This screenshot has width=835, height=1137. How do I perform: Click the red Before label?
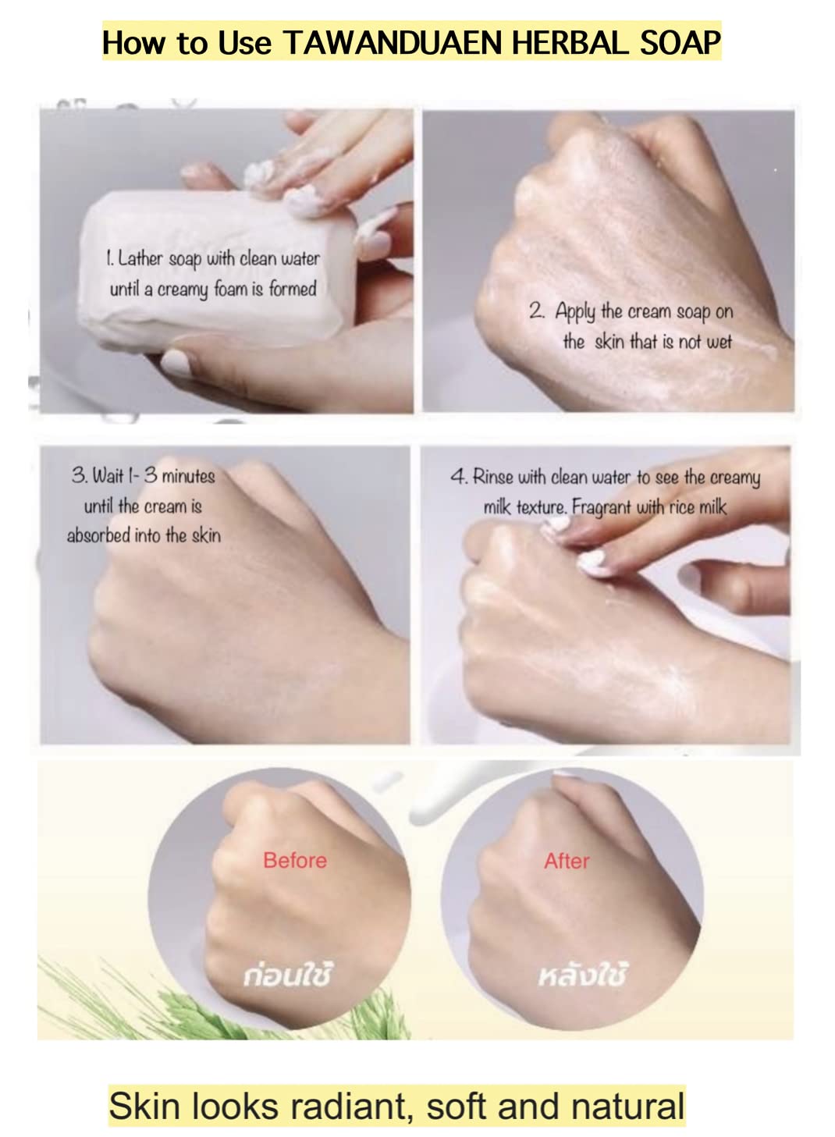[295, 861]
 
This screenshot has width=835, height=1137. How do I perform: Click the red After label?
[567, 861]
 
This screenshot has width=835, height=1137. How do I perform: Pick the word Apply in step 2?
[575, 312]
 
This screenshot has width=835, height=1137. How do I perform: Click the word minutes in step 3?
[188, 477]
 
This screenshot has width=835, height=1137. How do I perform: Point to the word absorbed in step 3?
[99, 535]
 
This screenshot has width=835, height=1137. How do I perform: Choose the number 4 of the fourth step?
[458, 477]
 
